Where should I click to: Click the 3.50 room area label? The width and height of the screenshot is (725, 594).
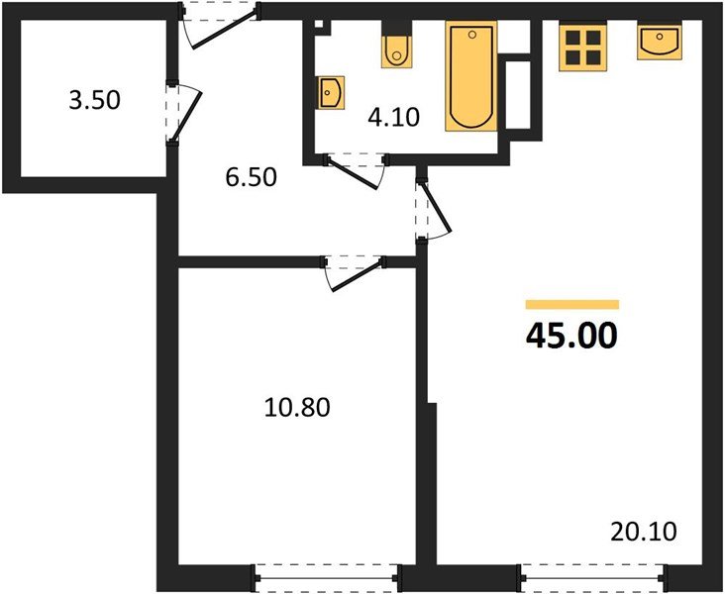pyautogui.click(x=94, y=100)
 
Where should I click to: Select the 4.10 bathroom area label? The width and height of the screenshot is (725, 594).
pyautogui.click(x=395, y=118)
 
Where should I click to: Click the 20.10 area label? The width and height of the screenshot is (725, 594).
pyautogui.click(x=644, y=534)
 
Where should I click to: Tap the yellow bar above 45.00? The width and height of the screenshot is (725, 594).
pyautogui.click(x=571, y=305)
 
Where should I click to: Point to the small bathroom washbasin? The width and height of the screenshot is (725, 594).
pyautogui.click(x=331, y=93)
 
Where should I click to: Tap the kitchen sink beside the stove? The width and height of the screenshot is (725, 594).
pyautogui.click(x=658, y=43)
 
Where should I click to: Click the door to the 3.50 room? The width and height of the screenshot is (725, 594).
pyautogui.click(x=182, y=112)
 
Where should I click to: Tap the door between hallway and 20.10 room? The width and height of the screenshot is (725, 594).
pyautogui.click(x=430, y=209)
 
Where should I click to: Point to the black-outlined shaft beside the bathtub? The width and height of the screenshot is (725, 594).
pyautogui.click(x=519, y=94)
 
